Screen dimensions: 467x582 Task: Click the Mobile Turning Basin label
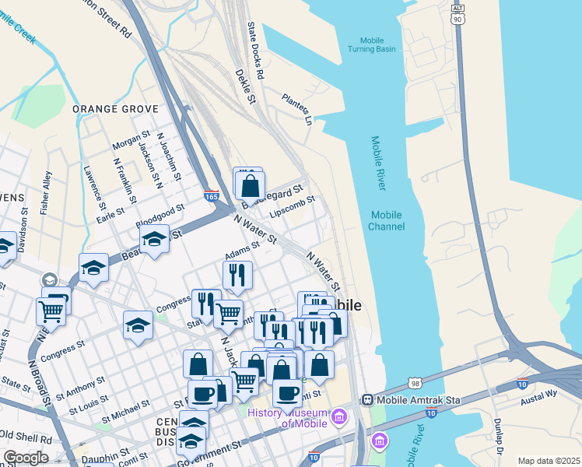point(377,44)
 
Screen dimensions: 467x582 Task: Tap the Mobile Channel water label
point(387,221)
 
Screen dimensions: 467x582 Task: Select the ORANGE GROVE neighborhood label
point(110,109)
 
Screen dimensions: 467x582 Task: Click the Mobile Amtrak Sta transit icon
point(368,399)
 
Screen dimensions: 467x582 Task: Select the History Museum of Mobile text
point(285,418)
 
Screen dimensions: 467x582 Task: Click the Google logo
point(26,458)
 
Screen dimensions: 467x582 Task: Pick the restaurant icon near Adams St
point(237,275)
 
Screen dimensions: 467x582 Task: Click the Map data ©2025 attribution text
point(548,461)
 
